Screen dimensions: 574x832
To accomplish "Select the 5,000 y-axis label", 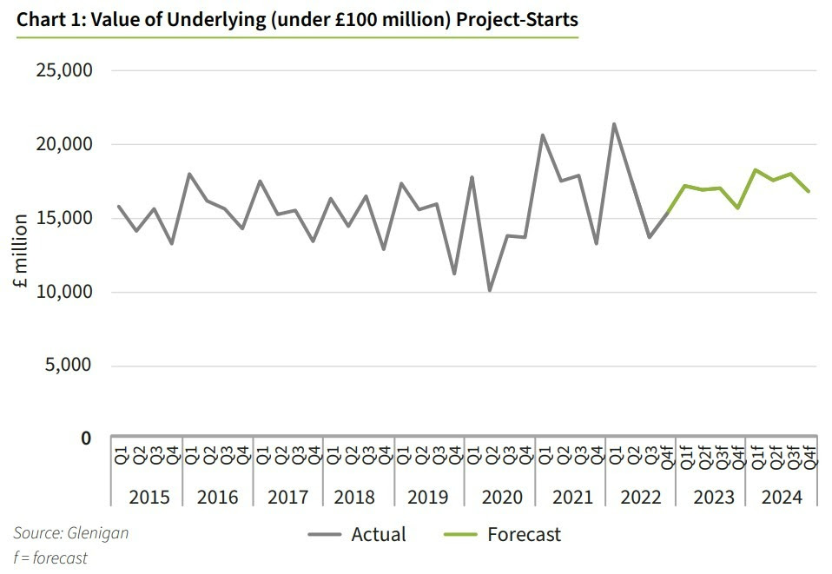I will pyautogui.click(x=68, y=365).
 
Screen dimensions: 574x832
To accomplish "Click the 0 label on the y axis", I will pyautogui.click(x=86, y=439).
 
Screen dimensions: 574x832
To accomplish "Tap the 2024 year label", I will pyautogui.click(x=782, y=497).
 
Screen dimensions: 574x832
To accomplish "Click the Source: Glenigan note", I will pyautogui.click(x=70, y=532).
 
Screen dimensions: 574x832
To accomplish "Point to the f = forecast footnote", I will pyautogui.click(x=50, y=558).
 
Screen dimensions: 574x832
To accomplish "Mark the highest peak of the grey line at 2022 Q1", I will pyautogui.click(x=614, y=123).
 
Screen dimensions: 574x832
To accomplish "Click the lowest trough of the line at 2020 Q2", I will pyautogui.click(x=490, y=290).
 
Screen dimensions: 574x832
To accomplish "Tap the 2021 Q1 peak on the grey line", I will pyautogui.click(x=543, y=135).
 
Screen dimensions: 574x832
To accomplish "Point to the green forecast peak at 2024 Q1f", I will pyautogui.click(x=756, y=169).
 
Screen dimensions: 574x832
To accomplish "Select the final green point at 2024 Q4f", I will pyautogui.click(x=809, y=191).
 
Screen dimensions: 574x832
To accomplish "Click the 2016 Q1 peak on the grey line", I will pyautogui.click(x=189, y=174).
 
